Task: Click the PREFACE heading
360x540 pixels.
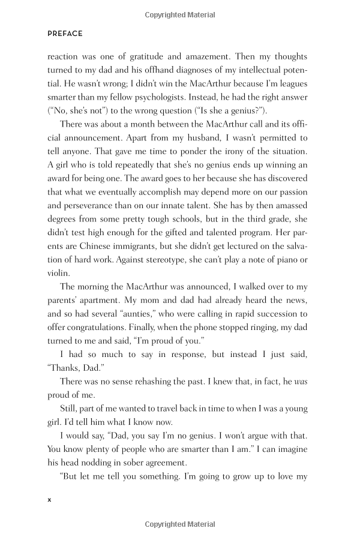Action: pyautogui.click(x=65, y=34)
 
